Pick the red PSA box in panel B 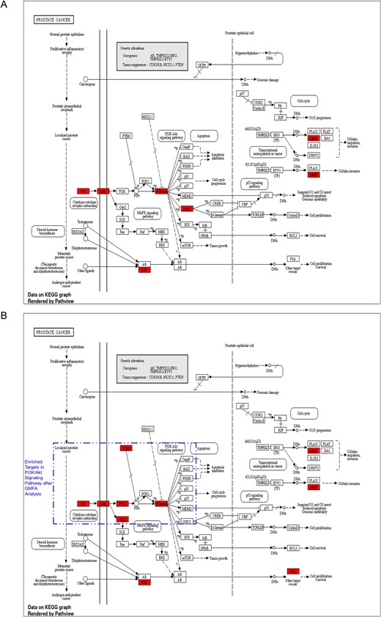[x=293, y=570]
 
